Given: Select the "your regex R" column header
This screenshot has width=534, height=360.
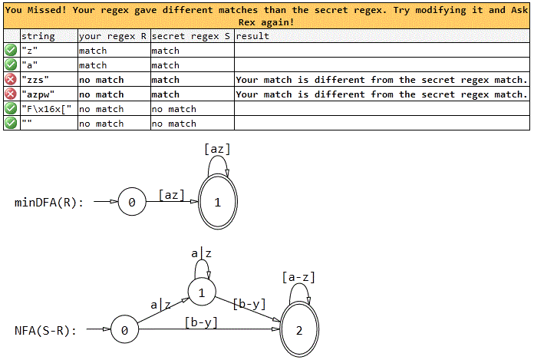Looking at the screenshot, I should click(x=113, y=36).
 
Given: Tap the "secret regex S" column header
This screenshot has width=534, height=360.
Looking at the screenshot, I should click(x=192, y=36).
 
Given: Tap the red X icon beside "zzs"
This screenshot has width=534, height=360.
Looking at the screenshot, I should click(x=12, y=80).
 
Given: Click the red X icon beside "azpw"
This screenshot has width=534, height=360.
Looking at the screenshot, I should click(x=12, y=94).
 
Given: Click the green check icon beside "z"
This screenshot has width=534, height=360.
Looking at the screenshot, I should click(x=12, y=51).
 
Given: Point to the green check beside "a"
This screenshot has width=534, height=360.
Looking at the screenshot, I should click(x=12, y=65).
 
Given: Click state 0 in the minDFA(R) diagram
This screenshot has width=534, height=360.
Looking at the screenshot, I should click(x=132, y=203).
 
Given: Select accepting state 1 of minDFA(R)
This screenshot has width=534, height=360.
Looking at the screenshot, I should click(x=218, y=203).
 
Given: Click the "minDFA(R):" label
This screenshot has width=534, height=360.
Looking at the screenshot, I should click(x=49, y=203).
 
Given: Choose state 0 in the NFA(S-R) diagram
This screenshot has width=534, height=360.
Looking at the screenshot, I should click(x=124, y=331).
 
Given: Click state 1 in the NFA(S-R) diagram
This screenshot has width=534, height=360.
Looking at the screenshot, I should click(x=202, y=292).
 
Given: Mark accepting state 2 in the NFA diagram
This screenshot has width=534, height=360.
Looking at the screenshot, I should click(x=298, y=331).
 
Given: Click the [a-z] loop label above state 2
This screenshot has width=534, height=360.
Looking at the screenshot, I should click(x=298, y=277).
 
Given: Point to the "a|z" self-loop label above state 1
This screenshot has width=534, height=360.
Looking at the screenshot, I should click(x=201, y=253).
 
